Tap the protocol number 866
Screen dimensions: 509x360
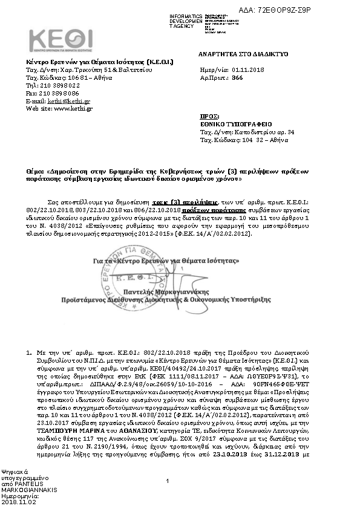click(x=237, y=79)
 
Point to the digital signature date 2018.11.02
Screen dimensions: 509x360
click(x=19, y=501)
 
